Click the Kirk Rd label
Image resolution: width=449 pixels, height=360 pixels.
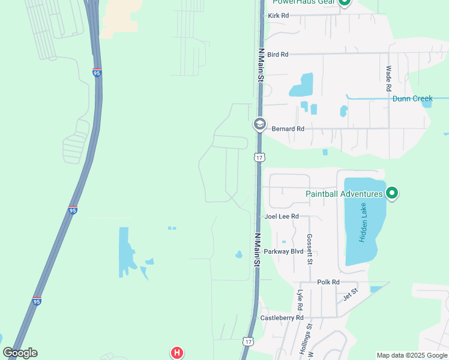(x=278, y=16)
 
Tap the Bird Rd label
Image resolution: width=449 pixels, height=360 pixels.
(x=278, y=55)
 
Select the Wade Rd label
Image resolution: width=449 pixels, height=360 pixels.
(x=389, y=79)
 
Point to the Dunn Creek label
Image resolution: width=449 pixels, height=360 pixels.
(x=412, y=99)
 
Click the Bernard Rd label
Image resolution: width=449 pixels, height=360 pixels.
(x=288, y=129)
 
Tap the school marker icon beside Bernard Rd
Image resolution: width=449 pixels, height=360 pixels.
(x=259, y=124)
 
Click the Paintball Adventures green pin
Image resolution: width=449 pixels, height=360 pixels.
(x=392, y=193)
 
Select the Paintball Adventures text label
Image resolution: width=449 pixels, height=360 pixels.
(x=344, y=194)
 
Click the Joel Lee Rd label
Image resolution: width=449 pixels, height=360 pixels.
(x=282, y=217)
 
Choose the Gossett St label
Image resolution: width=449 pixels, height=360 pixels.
(x=310, y=249)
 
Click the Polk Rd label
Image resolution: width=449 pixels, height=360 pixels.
(x=328, y=282)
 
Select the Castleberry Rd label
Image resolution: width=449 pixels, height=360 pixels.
(x=282, y=317)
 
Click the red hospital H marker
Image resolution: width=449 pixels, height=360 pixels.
(x=176, y=353)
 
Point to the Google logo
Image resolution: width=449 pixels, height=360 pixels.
(x=20, y=353)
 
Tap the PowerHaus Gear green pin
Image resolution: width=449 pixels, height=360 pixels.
(x=345, y=2)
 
